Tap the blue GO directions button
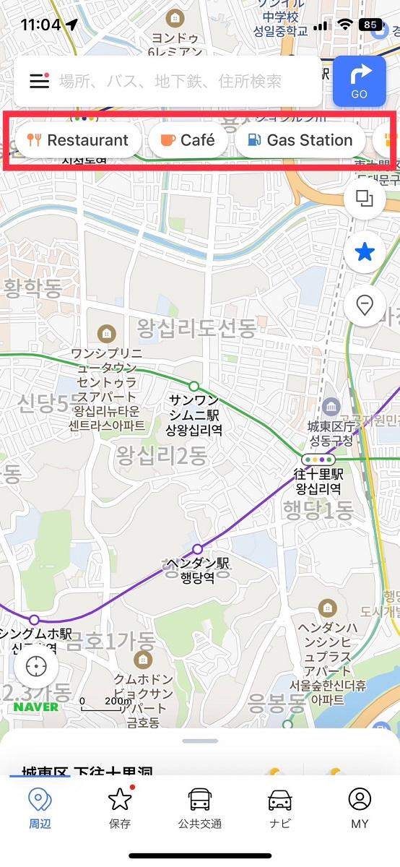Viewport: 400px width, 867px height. pyautogui.click(x=360, y=81)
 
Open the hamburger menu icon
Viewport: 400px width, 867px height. pyautogui.click(x=40, y=81)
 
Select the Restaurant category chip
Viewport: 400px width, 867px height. pyautogui.click(x=77, y=140)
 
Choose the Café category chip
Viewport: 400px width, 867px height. pyautogui.click(x=188, y=140)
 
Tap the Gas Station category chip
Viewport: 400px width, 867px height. pyautogui.click(x=299, y=140)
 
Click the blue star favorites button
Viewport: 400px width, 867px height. pyautogui.click(x=365, y=252)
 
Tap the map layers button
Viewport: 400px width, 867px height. pyautogui.click(x=365, y=199)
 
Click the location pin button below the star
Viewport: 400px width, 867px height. pyautogui.click(x=365, y=306)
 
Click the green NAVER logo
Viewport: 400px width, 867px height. pyautogui.click(x=35, y=707)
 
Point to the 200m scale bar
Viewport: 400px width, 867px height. pyautogui.click(x=101, y=704)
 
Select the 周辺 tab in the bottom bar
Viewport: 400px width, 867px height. pyautogui.click(x=40, y=808)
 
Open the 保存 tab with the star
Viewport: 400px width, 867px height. pyautogui.click(x=120, y=808)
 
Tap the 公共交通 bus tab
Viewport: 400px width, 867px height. pyautogui.click(x=200, y=808)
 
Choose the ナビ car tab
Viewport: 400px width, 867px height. pyautogui.click(x=279, y=808)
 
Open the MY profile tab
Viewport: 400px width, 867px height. pyautogui.click(x=360, y=808)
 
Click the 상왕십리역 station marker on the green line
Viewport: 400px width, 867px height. pyautogui.click(x=194, y=386)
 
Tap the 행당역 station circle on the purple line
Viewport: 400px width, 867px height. pyautogui.click(x=198, y=549)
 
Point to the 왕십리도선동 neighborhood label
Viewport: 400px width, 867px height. pyautogui.click(x=196, y=329)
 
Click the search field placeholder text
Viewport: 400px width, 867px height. pyautogui.click(x=170, y=81)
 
